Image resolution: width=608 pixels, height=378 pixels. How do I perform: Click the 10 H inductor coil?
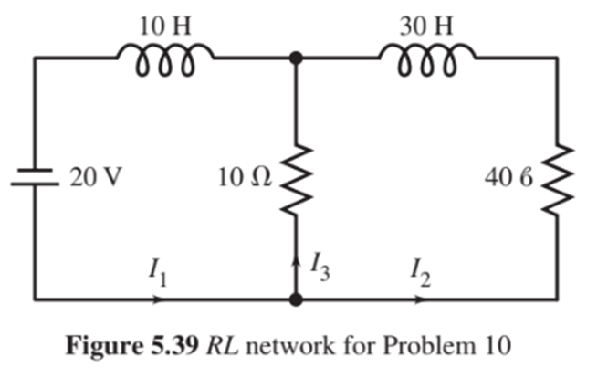click(165, 63)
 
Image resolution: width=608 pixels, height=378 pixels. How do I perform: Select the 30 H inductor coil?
click(427, 63)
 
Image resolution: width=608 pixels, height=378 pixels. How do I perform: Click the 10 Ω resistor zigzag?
click(295, 178)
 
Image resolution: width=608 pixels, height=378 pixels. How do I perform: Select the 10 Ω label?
click(244, 178)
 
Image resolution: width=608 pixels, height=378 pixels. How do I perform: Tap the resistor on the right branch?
click(556, 178)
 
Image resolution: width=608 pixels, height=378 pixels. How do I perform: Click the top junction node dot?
click(295, 58)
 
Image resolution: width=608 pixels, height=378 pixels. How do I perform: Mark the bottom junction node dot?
click(295, 299)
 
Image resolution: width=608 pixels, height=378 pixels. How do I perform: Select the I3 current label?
click(319, 268)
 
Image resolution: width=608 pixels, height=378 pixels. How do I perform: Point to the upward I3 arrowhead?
click(295, 262)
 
